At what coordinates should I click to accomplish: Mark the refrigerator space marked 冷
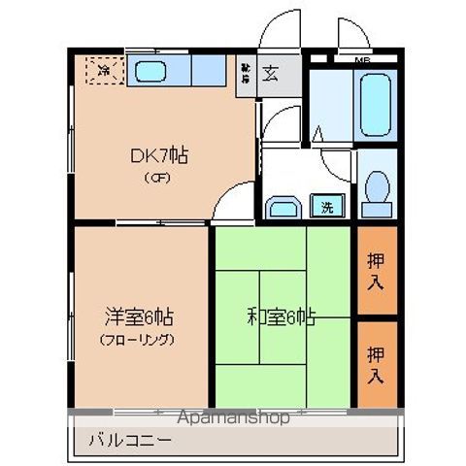pos(103,69)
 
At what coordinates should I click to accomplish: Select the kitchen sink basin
pos(150,70)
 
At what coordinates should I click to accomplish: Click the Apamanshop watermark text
pos(233,418)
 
